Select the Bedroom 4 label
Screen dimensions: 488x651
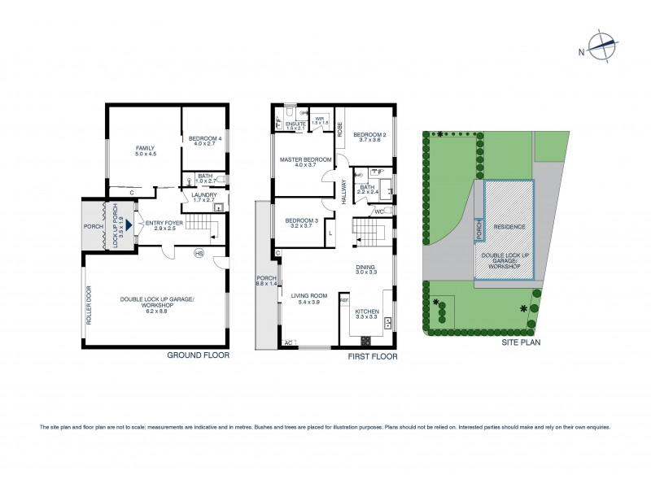(x=203, y=140)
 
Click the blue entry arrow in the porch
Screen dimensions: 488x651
(x=128, y=220)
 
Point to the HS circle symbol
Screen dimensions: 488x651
(x=198, y=254)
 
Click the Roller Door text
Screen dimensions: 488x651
(x=90, y=310)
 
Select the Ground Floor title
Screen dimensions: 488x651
(x=198, y=355)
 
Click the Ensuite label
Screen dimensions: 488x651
(x=295, y=125)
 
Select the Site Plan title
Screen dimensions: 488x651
(x=521, y=342)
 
